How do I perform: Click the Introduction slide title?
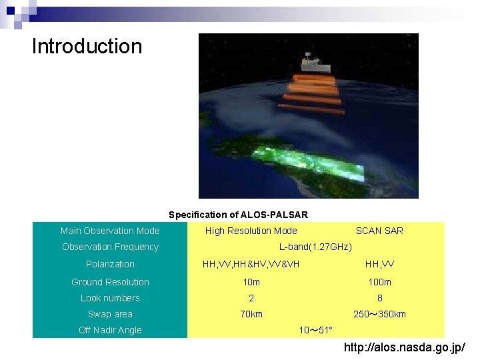click(87, 47)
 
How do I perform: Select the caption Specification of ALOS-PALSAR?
click(238, 215)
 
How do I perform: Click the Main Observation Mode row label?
click(110, 231)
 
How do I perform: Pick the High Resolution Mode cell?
click(251, 231)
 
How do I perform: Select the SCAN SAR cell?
click(379, 231)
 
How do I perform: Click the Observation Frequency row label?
click(110, 247)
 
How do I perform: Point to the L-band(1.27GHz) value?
click(315, 247)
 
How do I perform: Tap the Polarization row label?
click(110, 264)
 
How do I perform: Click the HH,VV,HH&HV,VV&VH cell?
click(251, 264)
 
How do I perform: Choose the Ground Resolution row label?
click(110, 282)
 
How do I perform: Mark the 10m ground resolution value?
click(251, 282)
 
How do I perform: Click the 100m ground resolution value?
click(379, 282)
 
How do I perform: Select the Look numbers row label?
click(110, 298)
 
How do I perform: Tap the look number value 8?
click(379, 298)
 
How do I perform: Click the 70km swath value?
click(251, 314)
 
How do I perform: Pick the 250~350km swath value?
click(379, 314)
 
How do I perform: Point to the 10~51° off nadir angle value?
click(315, 330)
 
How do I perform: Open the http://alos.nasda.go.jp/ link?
click(404, 347)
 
